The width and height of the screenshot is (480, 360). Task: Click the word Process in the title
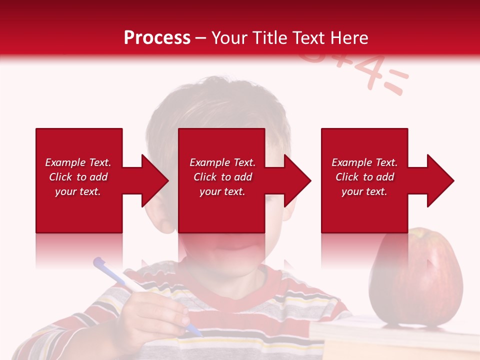pos(157,37)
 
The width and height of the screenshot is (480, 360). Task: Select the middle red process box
pos(221,210)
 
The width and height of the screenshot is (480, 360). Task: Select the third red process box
pos(364,210)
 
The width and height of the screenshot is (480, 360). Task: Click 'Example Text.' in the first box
pos(78,162)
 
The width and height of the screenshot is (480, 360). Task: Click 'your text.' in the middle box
pos(222,191)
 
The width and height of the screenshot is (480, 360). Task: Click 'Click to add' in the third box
pos(364,177)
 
